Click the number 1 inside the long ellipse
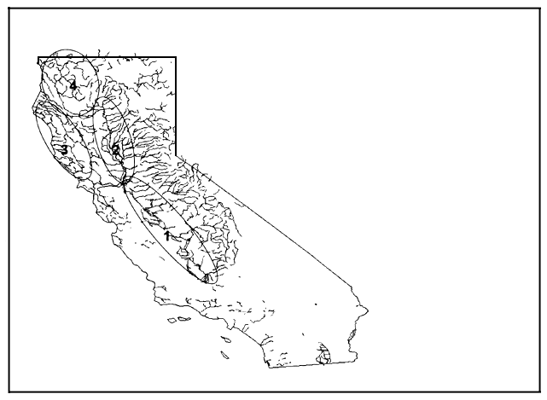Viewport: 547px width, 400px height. coord(167,235)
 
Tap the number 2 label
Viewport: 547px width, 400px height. coord(115,149)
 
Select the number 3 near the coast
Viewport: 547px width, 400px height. coord(64,150)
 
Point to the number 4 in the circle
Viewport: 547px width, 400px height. coord(73,85)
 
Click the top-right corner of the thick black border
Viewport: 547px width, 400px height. coord(176,58)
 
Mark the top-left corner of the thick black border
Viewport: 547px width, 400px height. coord(38,58)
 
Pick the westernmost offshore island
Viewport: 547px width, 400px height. coord(172,321)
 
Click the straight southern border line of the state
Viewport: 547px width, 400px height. coord(299,364)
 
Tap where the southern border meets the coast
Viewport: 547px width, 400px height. coord(267,367)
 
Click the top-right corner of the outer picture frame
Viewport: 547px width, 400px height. coord(538,9)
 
